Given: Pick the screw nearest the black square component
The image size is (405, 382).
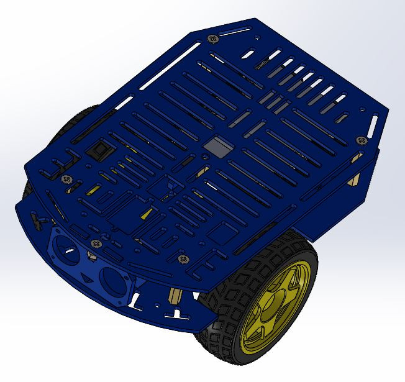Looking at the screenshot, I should (x=68, y=180).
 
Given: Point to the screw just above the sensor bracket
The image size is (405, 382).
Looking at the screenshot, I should (x=94, y=243).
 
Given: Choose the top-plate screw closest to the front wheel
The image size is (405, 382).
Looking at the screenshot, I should (x=183, y=258).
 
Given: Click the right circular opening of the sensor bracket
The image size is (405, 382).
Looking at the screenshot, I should (x=114, y=280).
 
